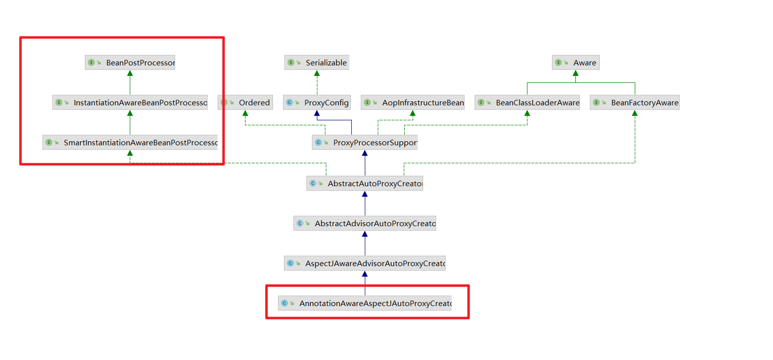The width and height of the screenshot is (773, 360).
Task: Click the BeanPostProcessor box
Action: pyautogui.click(x=130, y=62)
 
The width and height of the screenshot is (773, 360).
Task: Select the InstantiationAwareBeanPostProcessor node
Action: pyautogui.click(x=130, y=102)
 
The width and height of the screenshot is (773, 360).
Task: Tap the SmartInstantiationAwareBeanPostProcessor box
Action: pyautogui.click(x=130, y=142)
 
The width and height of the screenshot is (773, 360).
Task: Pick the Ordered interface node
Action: pyautogui.click(x=246, y=102)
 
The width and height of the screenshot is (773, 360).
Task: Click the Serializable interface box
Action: pyautogui.click(x=317, y=62)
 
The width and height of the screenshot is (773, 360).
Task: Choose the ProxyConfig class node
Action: pyautogui.click(x=317, y=102)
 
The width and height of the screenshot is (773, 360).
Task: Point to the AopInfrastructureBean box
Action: pyautogui.click(x=413, y=102)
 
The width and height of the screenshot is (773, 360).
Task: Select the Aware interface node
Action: pyautogui.click(x=575, y=62)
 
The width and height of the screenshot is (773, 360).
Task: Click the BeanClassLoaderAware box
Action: pyautogui.click(x=527, y=102)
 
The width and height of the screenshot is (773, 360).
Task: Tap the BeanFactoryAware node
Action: pyautogui.click(x=635, y=102)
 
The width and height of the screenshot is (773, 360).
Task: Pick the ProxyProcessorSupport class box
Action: pyautogui.click(x=365, y=143)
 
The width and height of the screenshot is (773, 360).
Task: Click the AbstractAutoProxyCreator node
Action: pyautogui.click(x=365, y=183)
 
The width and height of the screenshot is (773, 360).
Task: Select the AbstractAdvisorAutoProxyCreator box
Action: pyautogui.click(x=365, y=223)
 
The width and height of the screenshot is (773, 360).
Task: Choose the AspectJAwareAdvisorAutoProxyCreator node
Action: pyautogui.click(x=365, y=263)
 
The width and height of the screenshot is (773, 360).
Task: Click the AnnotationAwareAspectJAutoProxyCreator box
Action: pyautogui.click(x=365, y=303)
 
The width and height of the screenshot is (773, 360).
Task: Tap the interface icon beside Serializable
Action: pyautogui.click(x=291, y=62)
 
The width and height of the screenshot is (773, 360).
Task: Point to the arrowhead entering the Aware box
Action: pyautogui.click(x=575, y=73)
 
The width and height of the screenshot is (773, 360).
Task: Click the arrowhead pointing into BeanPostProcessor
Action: pyautogui.click(x=130, y=73)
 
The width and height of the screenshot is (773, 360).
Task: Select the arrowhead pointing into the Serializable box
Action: pyautogui.click(x=317, y=73)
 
